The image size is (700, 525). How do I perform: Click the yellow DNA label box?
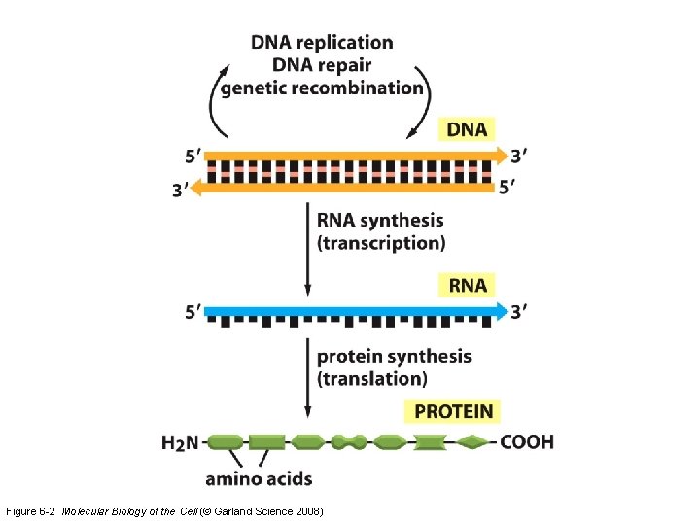pyautogui.click(x=467, y=129)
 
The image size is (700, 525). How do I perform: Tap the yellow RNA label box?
pyautogui.click(x=467, y=285)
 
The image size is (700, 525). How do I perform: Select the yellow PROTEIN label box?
pyautogui.click(x=454, y=412)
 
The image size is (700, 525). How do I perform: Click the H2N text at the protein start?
pyautogui.click(x=180, y=443)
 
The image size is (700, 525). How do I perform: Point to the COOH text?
pyautogui.click(x=527, y=442)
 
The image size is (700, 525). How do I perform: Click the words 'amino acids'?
pyautogui.click(x=259, y=478)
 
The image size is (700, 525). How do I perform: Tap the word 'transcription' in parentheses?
pyautogui.click(x=381, y=243)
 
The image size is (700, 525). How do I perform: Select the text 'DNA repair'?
pyautogui.click(x=322, y=65)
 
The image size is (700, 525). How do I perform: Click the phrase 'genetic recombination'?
pyautogui.click(x=322, y=87)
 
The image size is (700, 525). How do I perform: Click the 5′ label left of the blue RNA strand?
pyautogui.click(x=194, y=312)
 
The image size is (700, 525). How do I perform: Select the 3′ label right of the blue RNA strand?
pyautogui.click(x=520, y=311)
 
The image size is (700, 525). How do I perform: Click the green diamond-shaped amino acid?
pyautogui.click(x=473, y=442)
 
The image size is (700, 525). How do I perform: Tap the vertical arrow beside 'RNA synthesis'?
pyautogui.click(x=308, y=248)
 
